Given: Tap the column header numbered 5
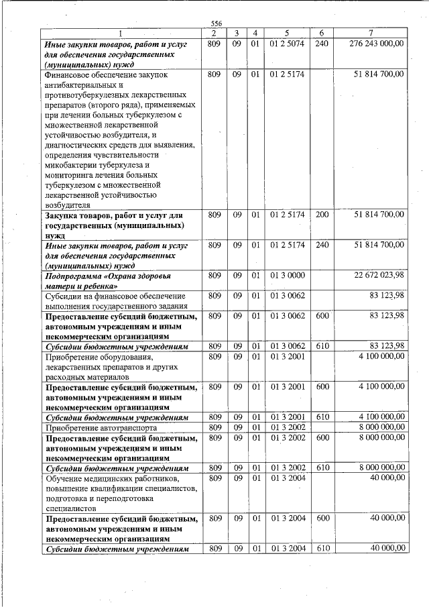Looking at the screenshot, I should pyautogui.click(x=287, y=33).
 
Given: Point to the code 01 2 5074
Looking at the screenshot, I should pyautogui.click(x=287, y=44).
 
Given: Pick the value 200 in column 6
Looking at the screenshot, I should pyautogui.click(x=322, y=215).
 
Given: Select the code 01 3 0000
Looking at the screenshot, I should pyautogui.click(x=287, y=276).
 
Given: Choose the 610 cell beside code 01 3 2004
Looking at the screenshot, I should pyautogui.click(x=322, y=549).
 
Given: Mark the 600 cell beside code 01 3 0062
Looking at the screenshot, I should pyautogui.click(x=322, y=315).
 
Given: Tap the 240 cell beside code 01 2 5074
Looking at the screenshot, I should pyautogui.click(x=322, y=44).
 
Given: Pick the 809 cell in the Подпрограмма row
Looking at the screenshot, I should pyautogui.click(x=215, y=276).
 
